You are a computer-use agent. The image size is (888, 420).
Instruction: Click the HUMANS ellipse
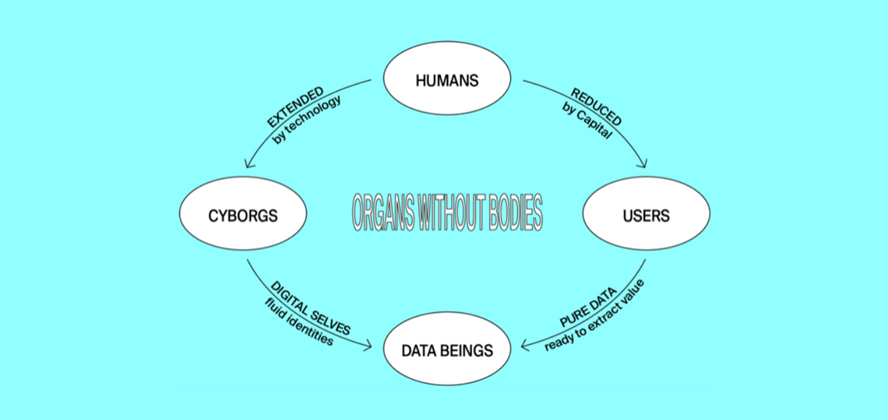pos(447,80)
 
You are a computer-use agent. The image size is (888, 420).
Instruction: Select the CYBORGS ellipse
pos(242,215)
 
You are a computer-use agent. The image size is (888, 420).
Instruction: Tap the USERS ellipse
pos(646,214)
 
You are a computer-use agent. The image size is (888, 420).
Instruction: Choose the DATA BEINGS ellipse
pos(447,349)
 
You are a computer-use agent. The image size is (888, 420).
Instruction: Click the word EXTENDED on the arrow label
pos(296,107)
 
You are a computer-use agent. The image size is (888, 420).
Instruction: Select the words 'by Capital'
pos(587,120)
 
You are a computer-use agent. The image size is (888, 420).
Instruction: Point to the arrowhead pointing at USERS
pos(644,165)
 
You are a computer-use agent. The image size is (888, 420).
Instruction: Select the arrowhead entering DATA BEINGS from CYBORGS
pos(369,346)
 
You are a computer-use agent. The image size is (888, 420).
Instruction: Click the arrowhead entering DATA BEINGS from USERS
pos(524,346)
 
